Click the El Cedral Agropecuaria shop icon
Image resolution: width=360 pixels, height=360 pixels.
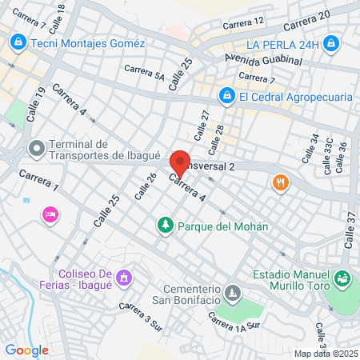tap(226, 97)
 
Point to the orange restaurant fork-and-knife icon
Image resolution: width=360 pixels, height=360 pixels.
tap(279, 182)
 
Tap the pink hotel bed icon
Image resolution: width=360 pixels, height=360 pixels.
tap(50, 214)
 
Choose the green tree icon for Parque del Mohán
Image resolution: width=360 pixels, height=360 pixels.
tap(166, 226)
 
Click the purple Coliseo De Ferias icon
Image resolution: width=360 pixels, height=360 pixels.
tap(122, 278)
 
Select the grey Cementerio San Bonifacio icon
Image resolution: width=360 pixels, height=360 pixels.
tap(232, 294)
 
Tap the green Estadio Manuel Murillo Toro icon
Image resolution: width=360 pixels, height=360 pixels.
tap(343, 278)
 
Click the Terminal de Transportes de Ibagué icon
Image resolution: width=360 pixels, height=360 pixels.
tap(35, 148)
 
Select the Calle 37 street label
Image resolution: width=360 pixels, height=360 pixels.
tap(350, 229)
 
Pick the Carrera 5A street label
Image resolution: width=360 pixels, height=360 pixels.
tap(144, 74)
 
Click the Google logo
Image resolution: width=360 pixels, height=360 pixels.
tap(26, 350)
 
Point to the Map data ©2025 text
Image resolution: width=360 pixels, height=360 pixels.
tap(324, 354)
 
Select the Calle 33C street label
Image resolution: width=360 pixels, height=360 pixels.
tap(328, 155)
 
